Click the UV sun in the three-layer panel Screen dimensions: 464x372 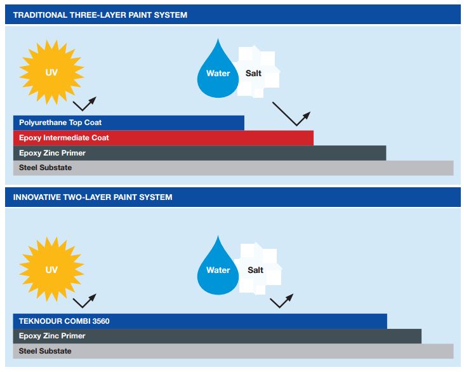click(52, 72)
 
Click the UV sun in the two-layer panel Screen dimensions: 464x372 click(52, 270)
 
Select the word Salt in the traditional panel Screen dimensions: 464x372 click(253, 73)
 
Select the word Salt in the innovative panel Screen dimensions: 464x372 click(255, 270)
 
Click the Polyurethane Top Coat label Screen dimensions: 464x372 click(60, 123)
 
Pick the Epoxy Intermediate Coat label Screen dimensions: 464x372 click(64, 138)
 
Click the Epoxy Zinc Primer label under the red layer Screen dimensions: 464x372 click(52, 153)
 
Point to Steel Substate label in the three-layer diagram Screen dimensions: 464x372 click(45, 168)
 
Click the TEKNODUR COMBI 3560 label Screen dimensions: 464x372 click(64, 321)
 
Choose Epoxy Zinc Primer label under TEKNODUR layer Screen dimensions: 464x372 click(52, 336)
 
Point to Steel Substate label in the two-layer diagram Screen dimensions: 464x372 click(45, 351)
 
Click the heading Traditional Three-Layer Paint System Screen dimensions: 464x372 click(100, 15)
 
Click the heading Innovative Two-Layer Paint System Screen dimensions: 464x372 click(93, 197)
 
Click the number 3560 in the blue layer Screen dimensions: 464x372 click(101, 321)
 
